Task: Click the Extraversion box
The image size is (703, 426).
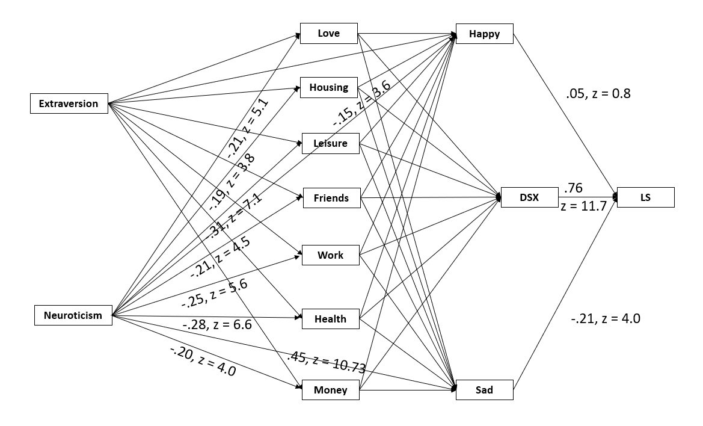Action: click(x=69, y=103)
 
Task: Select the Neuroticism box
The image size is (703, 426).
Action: click(x=73, y=315)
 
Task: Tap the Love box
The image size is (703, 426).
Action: click(x=329, y=33)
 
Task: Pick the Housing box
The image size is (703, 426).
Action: click(x=329, y=87)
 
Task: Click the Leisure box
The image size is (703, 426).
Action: click(x=330, y=143)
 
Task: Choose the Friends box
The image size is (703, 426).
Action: click(x=331, y=198)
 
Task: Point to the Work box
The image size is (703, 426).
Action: click(x=330, y=255)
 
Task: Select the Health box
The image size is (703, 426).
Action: click(x=330, y=319)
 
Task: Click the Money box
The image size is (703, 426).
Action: click(x=330, y=390)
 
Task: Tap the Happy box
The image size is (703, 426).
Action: click(x=485, y=34)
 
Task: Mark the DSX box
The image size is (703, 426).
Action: click(x=529, y=197)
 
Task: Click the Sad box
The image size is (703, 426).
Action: click(x=484, y=390)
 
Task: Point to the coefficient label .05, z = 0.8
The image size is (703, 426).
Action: click(x=598, y=93)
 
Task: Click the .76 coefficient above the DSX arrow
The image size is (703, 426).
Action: click(x=573, y=187)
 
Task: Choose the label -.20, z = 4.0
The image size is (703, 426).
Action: click(x=203, y=361)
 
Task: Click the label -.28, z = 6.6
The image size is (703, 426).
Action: click(x=216, y=326)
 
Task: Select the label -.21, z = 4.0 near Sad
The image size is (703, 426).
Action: click(x=606, y=319)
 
